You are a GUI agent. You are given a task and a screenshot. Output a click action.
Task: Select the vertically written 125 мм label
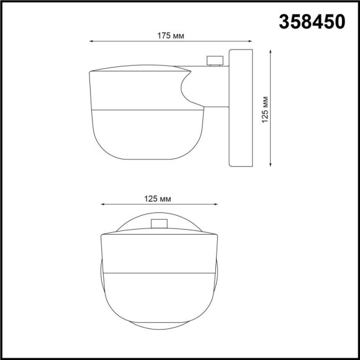coord(265,109)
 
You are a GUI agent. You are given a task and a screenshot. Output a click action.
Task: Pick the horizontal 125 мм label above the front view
coord(157,199)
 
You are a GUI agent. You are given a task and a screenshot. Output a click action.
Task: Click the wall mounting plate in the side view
coord(241,109)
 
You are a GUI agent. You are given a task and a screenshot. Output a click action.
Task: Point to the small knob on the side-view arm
coord(215,60)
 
